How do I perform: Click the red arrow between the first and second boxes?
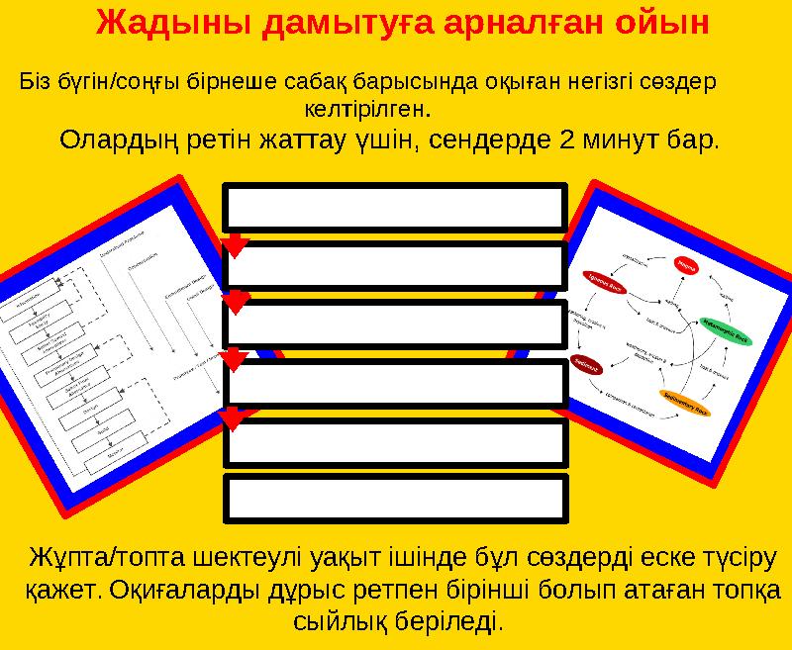236,243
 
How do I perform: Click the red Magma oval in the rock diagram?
686,264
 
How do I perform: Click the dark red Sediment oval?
585,363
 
